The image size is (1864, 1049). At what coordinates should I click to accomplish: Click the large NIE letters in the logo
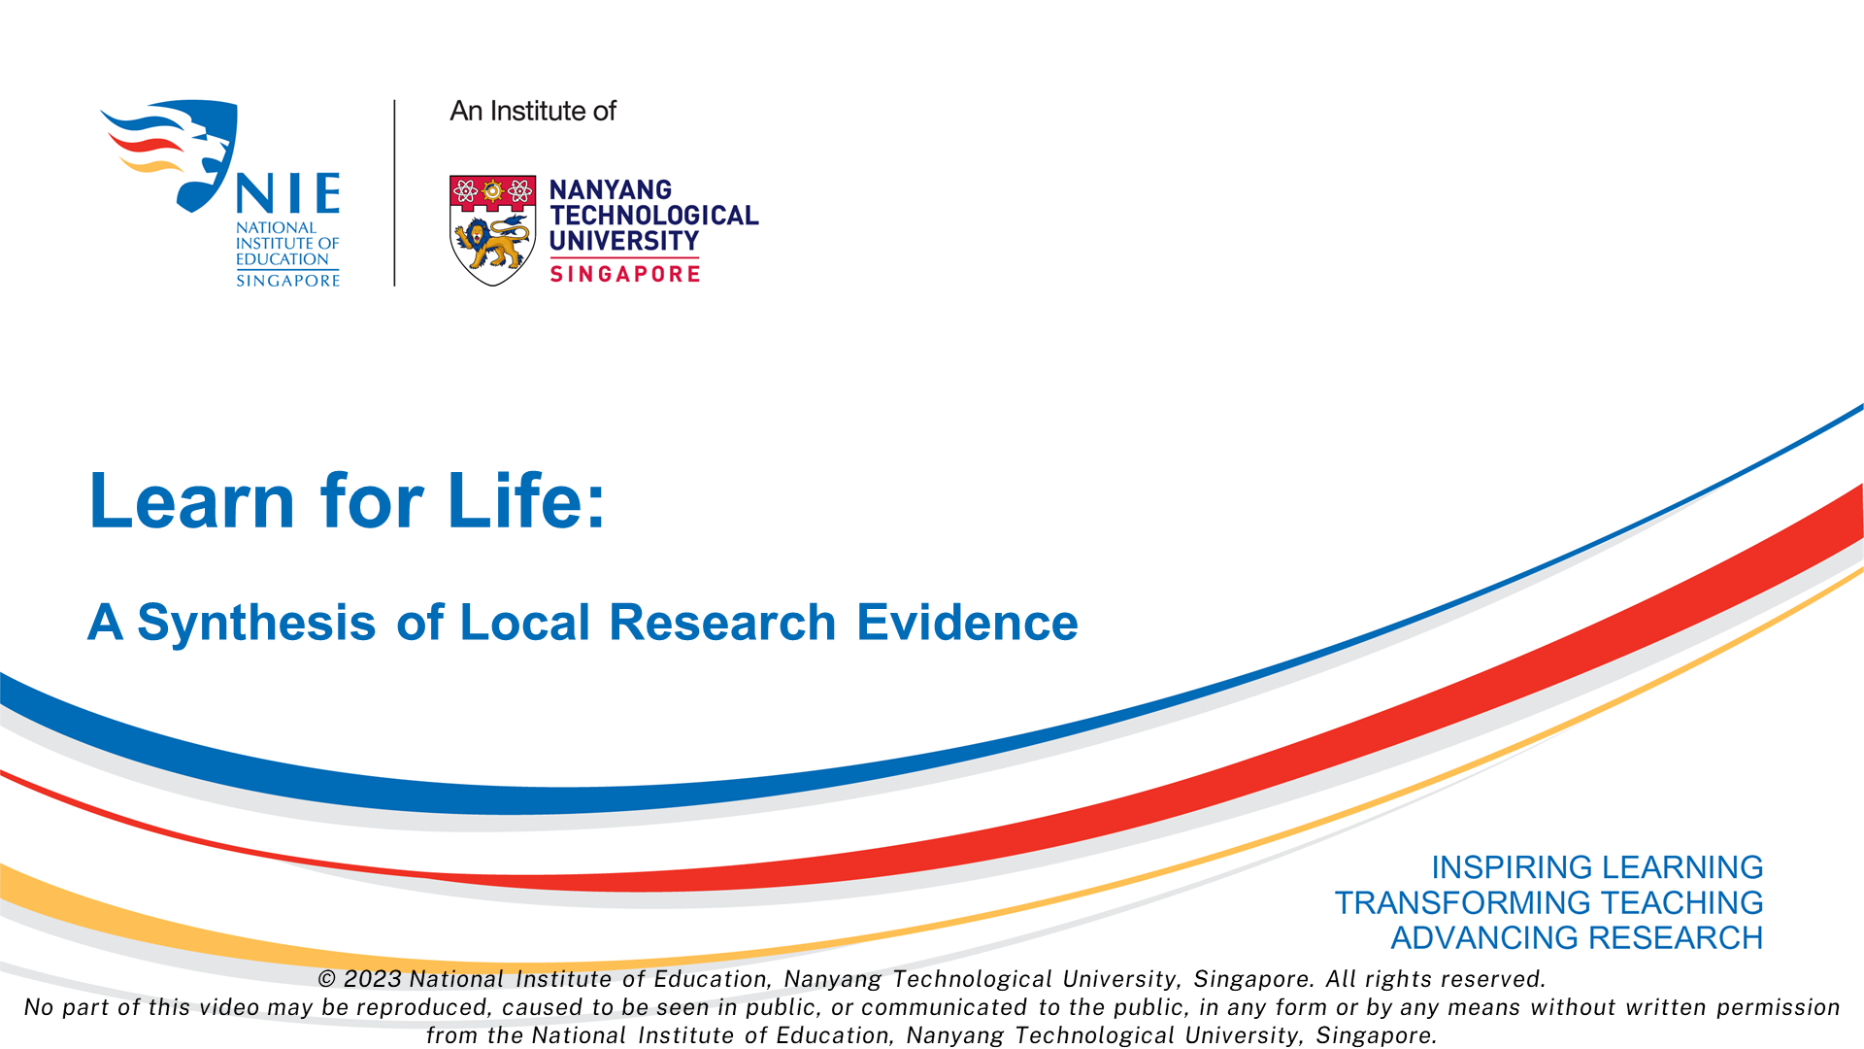point(288,194)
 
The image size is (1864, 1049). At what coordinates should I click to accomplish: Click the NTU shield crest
point(493,230)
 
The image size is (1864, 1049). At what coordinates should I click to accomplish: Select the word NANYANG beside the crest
point(611,189)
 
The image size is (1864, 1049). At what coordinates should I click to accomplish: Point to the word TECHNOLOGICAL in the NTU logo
point(654,216)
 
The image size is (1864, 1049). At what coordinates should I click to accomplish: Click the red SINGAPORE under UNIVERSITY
point(625,274)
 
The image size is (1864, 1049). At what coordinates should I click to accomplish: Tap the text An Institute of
point(533,111)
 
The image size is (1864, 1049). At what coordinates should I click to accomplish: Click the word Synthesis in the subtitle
point(256,622)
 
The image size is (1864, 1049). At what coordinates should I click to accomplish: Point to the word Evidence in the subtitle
point(967,622)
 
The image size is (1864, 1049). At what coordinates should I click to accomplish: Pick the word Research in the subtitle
point(722,622)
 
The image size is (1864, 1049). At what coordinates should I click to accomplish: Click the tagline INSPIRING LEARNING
point(1597,866)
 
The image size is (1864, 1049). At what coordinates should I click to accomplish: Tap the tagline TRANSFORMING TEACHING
point(1548,902)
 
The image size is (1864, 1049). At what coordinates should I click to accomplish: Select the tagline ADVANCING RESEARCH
point(1577,937)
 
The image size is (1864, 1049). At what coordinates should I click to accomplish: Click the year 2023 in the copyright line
point(373,979)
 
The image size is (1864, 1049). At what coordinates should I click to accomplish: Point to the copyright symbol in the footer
point(327,979)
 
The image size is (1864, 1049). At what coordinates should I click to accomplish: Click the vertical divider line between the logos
point(394,192)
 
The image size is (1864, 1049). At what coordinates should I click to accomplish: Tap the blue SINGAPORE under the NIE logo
point(288,281)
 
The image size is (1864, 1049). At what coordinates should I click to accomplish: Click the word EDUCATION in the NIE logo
point(283,259)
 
